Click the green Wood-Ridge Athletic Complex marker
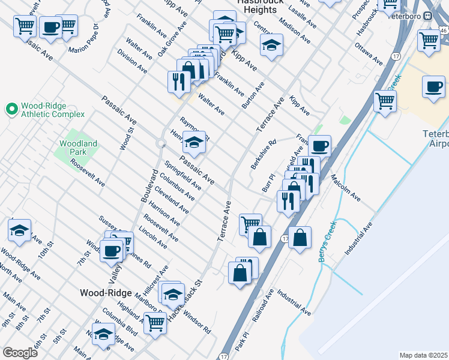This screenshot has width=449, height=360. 11,109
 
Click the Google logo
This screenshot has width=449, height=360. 20,353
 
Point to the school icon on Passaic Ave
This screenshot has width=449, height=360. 194,143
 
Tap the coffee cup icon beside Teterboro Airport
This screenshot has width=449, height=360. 433,87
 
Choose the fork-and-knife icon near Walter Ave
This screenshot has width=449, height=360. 178,82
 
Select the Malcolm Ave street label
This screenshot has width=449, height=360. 345,188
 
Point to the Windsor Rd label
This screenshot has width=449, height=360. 197,322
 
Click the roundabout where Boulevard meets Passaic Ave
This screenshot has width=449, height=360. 161,143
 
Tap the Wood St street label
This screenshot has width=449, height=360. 125,138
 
